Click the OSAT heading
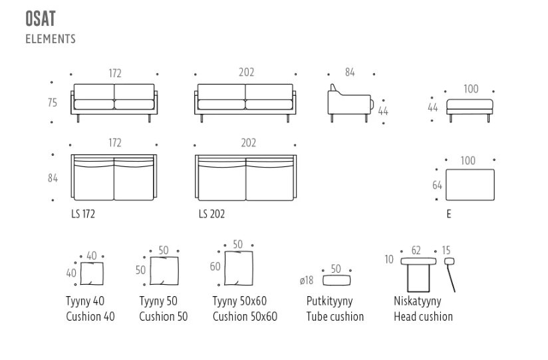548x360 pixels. [41, 19]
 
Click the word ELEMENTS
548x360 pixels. [51, 39]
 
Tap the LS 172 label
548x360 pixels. [83, 214]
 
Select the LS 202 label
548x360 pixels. [211, 214]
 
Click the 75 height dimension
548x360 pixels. [52, 102]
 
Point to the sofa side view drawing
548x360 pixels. [350, 103]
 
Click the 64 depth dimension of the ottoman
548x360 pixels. [437, 185]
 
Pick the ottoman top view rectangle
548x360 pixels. [470, 185]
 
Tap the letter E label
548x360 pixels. [449, 214]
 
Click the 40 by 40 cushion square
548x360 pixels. [92, 273]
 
